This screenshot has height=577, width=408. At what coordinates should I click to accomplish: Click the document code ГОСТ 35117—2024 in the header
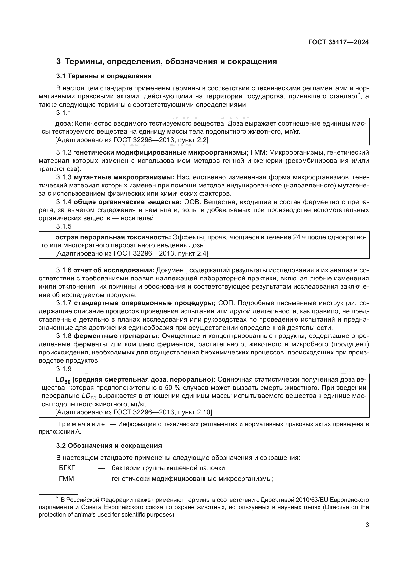click(x=338, y=42)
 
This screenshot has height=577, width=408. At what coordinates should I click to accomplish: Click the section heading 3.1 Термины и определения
click(x=104, y=76)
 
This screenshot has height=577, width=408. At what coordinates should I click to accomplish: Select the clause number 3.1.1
click(x=64, y=113)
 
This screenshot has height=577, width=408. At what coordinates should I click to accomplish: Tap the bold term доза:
click(x=64, y=123)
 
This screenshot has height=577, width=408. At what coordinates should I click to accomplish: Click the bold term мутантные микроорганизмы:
click(x=124, y=177)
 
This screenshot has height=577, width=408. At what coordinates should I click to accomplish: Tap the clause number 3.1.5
click(x=64, y=226)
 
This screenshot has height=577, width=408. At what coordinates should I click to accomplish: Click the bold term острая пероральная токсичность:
click(x=113, y=237)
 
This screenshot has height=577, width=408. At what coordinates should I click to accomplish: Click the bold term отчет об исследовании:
click(x=113, y=270)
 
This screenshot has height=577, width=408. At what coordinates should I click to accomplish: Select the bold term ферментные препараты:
click(x=117, y=336)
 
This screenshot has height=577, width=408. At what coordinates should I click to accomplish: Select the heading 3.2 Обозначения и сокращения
click(x=109, y=446)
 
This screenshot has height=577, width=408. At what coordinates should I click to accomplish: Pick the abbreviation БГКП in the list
click(x=67, y=468)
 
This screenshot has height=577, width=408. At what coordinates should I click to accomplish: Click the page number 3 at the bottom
click(x=367, y=525)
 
